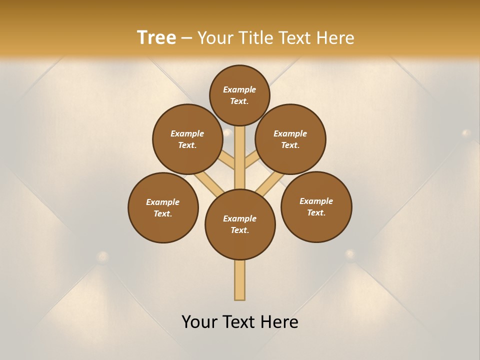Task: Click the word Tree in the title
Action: (x=156, y=37)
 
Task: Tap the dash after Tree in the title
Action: (x=186, y=38)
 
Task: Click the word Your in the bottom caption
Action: (x=200, y=322)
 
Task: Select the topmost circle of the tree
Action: (x=239, y=95)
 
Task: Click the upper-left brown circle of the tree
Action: (x=187, y=139)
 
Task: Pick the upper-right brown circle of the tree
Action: (x=290, y=139)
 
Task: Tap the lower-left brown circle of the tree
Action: (x=163, y=207)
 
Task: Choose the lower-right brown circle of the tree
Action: (x=316, y=206)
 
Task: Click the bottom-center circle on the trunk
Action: (x=240, y=224)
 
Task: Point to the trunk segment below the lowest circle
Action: (x=240, y=280)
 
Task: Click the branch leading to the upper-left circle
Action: (x=227, y=161)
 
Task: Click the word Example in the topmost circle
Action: (x=239, y=89)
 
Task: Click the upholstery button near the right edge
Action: (x=466, y=133)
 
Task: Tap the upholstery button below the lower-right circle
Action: (x=350, y=254)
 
